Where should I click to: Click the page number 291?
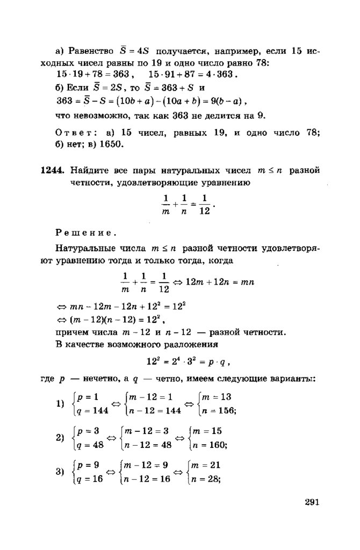click(x=312, y=503)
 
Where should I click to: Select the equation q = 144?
click(x=90, y=410)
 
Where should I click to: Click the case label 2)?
click(x=60, y=438)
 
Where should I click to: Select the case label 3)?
click(x=60, y=472)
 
